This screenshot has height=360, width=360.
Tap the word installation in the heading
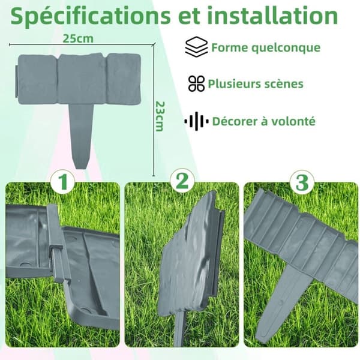272,15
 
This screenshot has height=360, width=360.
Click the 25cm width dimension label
78,38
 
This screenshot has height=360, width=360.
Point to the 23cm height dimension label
160,116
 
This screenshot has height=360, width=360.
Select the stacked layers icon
196,47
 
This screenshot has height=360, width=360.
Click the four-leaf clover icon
196,83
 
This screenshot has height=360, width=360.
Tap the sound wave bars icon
196,121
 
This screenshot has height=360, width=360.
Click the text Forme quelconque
266,47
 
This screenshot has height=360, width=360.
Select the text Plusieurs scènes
256,83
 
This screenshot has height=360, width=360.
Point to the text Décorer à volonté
264,121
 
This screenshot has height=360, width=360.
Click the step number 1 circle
63,181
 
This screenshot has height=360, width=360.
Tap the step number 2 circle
182,181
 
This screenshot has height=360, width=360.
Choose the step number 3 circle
301,182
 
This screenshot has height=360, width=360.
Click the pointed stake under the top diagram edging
81,136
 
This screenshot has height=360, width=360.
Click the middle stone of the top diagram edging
82,79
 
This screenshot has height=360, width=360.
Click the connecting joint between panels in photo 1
57,243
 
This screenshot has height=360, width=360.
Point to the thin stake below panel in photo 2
179,331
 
